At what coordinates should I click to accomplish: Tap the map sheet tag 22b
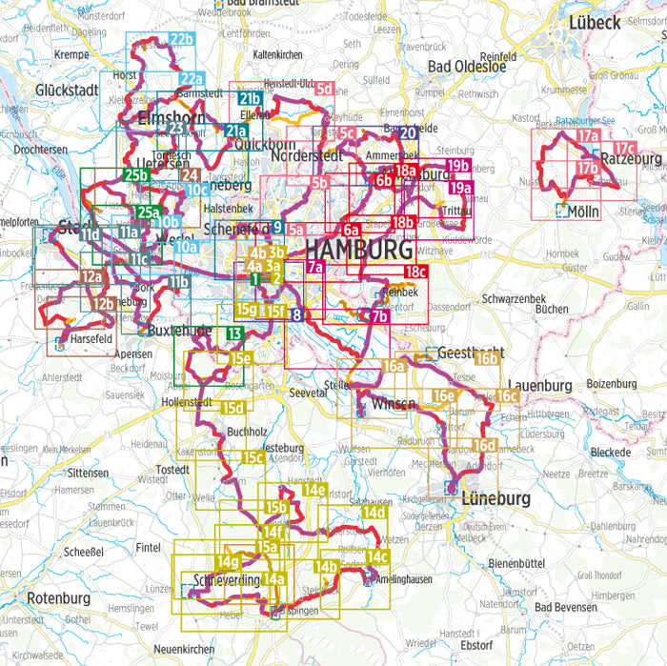click(x=181, y=39)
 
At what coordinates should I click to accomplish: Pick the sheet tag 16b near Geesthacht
click(x=486, y=358)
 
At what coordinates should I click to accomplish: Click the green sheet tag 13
click(x=234, y=333)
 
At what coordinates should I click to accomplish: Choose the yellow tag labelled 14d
click(x=373, y=514)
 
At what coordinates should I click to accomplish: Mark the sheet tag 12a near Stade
click(x=91, y=276)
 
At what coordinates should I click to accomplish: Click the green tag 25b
click(x=136, y=175)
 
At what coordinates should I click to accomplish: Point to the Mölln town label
click(x=582, y=212)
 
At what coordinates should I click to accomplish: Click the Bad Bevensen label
click(x=570, y=607)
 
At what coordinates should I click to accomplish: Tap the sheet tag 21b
click(x=251, y=99)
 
